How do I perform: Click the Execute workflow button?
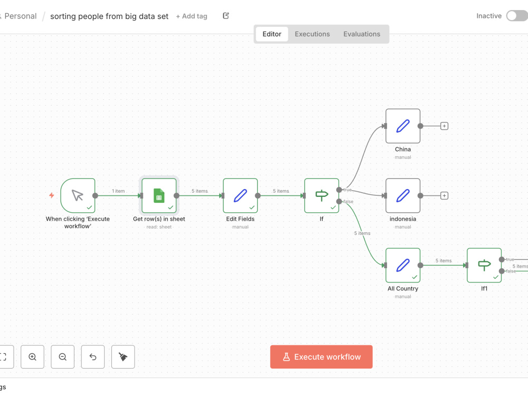[x=321, y=356]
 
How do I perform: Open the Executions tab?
[x=312, y=34]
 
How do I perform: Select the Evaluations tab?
[x=362, y=34]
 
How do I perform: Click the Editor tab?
[x=272, y=34]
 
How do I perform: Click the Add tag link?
[x=192, y=16]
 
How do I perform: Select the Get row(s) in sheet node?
[x=159, y=196]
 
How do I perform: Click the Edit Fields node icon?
[x=240, y=196]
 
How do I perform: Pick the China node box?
[x=403, y=126]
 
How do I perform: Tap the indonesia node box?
[x=403, y=196]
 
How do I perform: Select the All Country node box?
[x=403, y=266]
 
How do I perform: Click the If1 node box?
[x=484, y=266]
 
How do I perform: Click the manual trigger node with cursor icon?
[x=78, y=196]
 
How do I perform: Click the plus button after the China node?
[x=444, y=126]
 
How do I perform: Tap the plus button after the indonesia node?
[x=444, y=196]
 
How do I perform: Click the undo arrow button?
[x=92, y=356]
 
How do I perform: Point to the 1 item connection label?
[x=118, y=191]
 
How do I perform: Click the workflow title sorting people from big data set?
[x=109, y=16]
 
